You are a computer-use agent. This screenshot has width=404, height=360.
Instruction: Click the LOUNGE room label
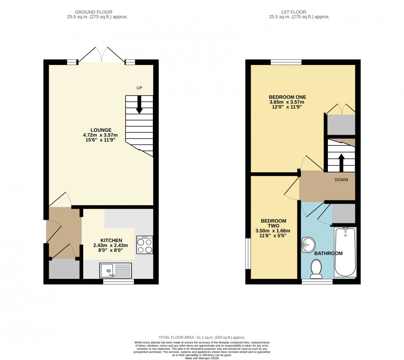[101, 130]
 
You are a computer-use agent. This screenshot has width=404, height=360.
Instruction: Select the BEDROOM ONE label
[287, 97]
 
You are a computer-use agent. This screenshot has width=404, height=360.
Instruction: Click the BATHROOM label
[328, 253]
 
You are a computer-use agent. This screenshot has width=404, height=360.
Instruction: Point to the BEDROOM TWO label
[273, 223]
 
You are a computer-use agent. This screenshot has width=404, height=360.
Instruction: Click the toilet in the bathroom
[316, 268]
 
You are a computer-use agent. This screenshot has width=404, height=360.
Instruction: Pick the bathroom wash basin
[307, 245]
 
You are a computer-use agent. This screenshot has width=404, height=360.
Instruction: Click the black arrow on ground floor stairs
[139, 105]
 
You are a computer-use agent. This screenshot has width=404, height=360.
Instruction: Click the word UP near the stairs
[139, 88]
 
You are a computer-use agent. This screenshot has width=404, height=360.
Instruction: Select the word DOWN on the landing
[341, 180]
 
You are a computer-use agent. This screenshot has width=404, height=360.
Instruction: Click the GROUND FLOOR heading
[97, 12]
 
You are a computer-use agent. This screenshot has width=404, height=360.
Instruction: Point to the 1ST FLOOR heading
[299, 12]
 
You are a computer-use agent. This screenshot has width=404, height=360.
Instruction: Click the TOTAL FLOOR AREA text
[202, 337]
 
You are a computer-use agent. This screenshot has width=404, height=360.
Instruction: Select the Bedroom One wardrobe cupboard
[341, 124]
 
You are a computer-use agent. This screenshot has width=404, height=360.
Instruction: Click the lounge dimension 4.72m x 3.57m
[101, 135]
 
